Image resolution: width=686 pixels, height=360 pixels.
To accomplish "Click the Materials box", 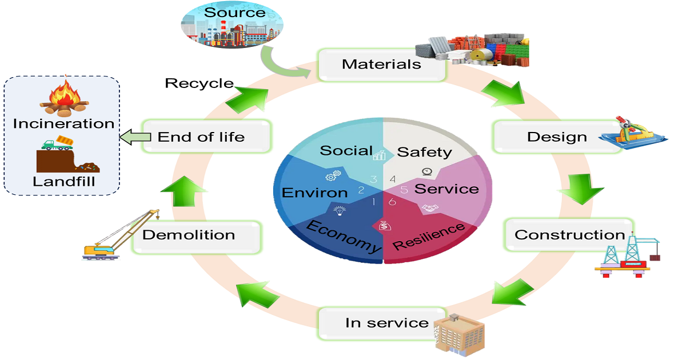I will [x=381, y=63].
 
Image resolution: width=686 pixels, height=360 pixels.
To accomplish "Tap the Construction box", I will [x=569, y=234].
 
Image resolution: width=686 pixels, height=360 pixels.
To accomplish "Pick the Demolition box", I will [x=189, y=235].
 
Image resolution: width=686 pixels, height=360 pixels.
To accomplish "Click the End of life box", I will [x=201, y=137].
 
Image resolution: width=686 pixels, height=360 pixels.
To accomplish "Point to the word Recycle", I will [x=199, y=83].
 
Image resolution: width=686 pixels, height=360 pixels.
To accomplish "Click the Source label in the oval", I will [x=234, y=13].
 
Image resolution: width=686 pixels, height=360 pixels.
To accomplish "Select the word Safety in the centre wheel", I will [x=424, y=152].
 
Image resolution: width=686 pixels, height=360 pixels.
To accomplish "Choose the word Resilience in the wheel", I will [x=429, y=236].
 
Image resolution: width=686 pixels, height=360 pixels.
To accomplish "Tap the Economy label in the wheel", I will [x=344, y=235].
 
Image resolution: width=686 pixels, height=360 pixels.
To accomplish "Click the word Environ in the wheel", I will [x=315, y=193].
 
